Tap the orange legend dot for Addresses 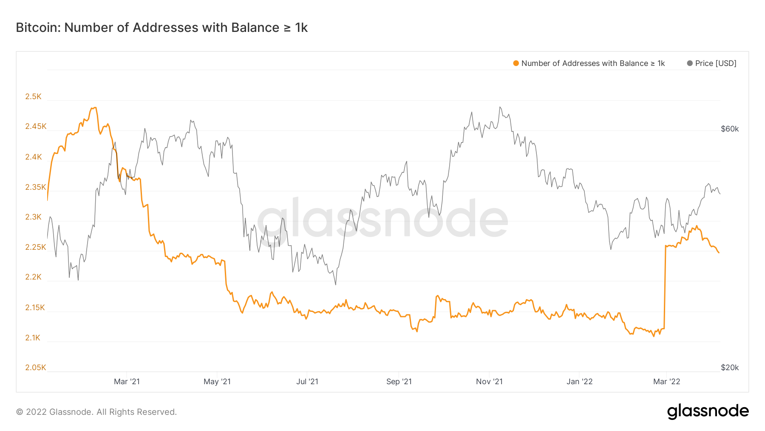516,63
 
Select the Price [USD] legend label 716,63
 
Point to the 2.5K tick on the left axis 33,97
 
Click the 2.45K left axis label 36,126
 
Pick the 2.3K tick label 33,217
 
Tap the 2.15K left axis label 35,308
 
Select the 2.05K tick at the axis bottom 36,368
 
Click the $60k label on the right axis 730,129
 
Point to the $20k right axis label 730,368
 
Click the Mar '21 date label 127,382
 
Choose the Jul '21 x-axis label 307,382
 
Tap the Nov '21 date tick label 489,382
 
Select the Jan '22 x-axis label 579,382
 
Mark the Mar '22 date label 666,382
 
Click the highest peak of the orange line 95,108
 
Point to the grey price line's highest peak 500,107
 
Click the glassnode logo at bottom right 708,411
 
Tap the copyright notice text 96,412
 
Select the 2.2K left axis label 33,277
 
